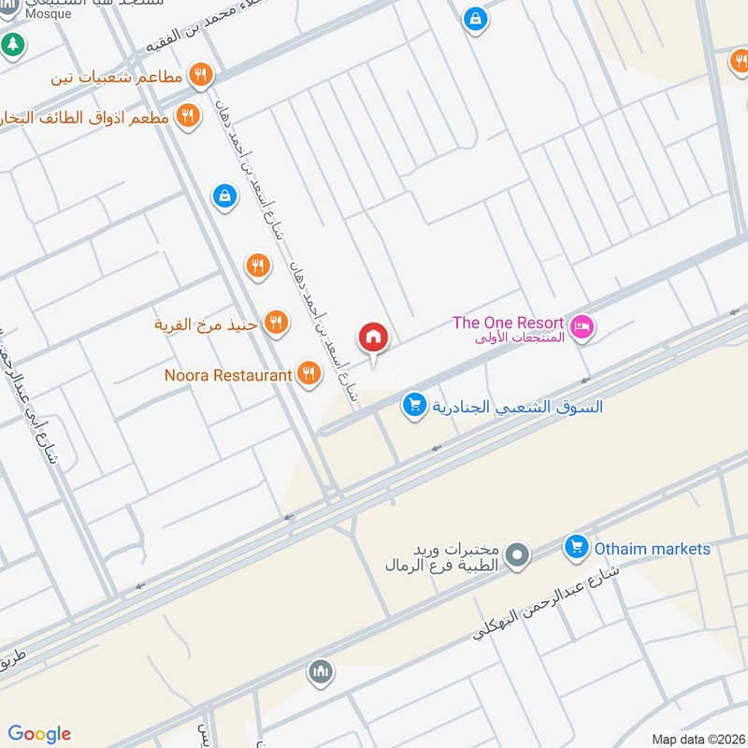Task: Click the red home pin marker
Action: pos(373,338)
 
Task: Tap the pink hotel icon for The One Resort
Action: pos(583,328)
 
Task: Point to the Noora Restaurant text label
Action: pos(228,375)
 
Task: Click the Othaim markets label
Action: pos(653,549)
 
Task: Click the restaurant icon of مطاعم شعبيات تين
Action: pos(199,76)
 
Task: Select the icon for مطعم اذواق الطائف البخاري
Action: pos(188,117)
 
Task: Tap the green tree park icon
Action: pos(12,43)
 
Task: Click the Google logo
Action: pos(39,734)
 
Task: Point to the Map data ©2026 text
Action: pos(697,739)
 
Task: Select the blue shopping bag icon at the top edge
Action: pos(475,18)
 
